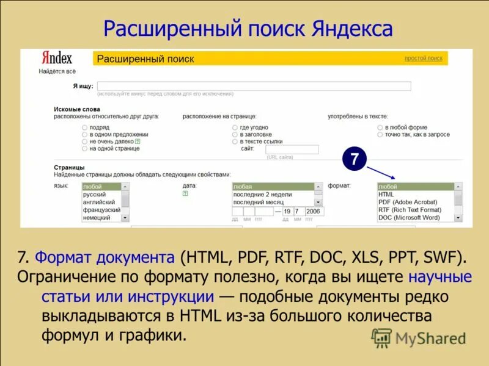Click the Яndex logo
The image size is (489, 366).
pyautogui.click(x=57, y=58)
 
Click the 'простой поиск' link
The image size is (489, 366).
pyautogui.click(x=423, y=59)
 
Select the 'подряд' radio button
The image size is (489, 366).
pyautogui.click(x=84, y=127)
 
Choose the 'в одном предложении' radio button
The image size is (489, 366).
pyautogui.click(x=84, y=134)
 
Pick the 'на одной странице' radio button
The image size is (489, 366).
pyautogui.click(x=84, y=148)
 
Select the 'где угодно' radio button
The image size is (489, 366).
pyautogui.click(x=235, y=127)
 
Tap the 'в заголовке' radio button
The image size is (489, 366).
pyautogui.click(x=235, y=134)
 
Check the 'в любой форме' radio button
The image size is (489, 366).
pyautogui.click(x=380, y=127)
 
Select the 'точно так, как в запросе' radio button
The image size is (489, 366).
pyautogui.click(x=380, y=134)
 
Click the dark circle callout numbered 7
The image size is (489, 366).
pyautogui.click(x=354, y=159)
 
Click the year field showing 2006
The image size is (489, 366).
pyautogui.click(x=314, y=212)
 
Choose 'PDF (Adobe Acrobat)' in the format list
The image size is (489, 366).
pyautogui.click(x=408, y=202)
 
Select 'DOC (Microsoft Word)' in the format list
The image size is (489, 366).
pyautogui.click(x=409, y=218)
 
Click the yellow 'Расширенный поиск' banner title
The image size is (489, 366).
pyautogui.click(x=146, y=59)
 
